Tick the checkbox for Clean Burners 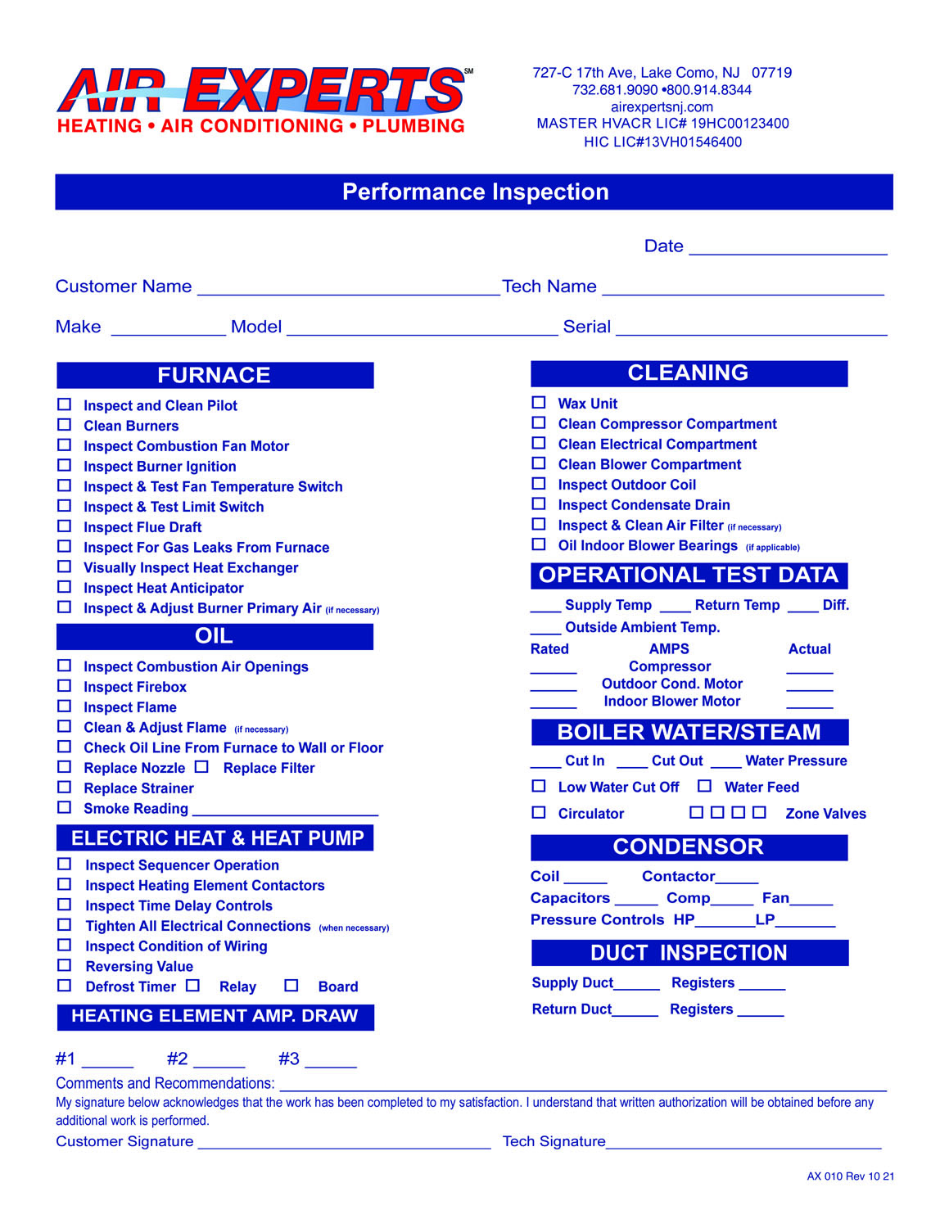click(x=64, y=425)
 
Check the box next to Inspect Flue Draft click(x=64, y=526)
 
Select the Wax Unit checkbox click(x=539, y=402)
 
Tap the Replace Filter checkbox click(x=201, y=767)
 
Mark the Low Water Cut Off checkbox click(x=539, y=786)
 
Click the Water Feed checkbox click(x=704, y=786)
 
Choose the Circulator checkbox click(x=539, y=813)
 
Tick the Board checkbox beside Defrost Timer click(x=291, y=986)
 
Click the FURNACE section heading click(x=215, y=375)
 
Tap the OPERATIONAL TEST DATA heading click(x=689, y=576)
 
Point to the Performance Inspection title click(x=475, y=192)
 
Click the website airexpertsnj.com click(x=662, y=106)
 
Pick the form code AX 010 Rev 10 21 click(x=850, y=1176)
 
